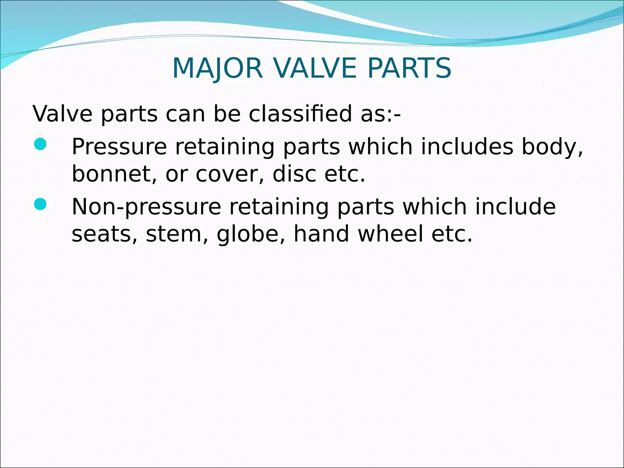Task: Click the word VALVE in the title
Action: point(314,68)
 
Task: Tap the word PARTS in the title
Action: point(409,68)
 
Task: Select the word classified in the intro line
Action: point(300,114)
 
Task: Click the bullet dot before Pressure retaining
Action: point(40,144)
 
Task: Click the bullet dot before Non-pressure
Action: point(40,204)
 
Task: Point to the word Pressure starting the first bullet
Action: point(119,147)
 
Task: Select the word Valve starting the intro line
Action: point(62,114)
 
